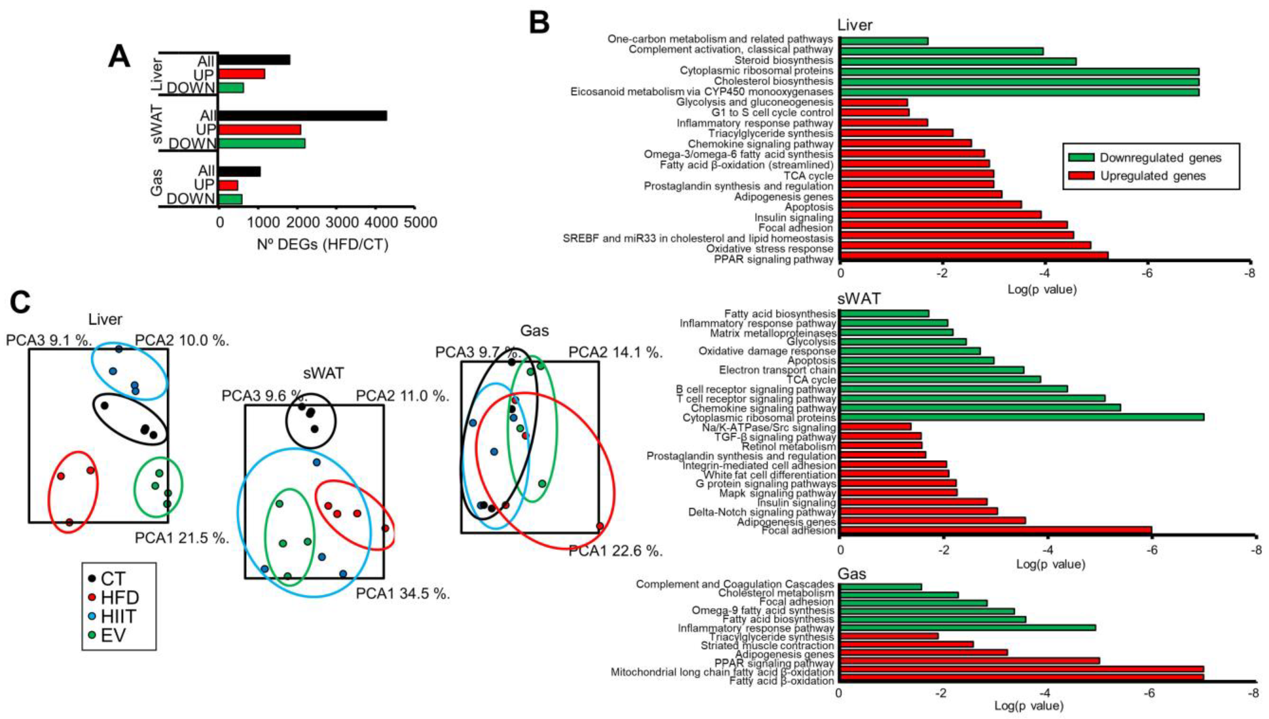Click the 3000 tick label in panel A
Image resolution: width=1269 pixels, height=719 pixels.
click(337, 223)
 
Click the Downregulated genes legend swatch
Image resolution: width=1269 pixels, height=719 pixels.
click(1080, 158)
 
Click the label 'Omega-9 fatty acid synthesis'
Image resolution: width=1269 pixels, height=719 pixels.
click(762, 610)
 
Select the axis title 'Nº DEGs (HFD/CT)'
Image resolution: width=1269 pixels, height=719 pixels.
click(323, 245)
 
